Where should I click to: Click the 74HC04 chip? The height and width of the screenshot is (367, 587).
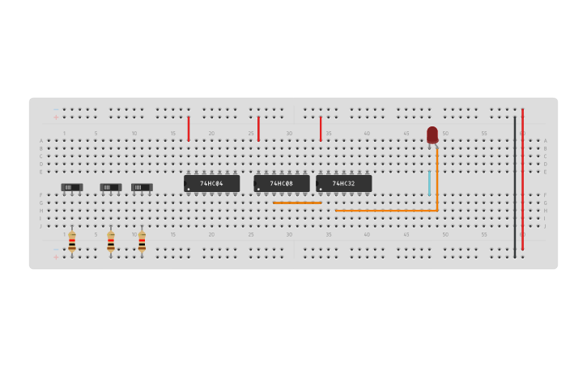point(211,184)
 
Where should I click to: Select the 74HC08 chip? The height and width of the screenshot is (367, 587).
point(281,184)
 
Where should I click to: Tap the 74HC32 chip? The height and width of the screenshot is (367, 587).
point(343,184)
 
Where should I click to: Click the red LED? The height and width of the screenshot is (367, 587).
point(432,134)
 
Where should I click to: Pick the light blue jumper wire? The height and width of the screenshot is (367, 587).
point(429,182)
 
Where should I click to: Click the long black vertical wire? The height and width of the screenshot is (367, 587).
point(514,186)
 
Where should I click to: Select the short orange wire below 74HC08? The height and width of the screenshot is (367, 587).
point(297,203)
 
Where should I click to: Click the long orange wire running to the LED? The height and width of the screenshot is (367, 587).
point(387,211)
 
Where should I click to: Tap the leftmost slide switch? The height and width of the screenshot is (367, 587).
point(71,187)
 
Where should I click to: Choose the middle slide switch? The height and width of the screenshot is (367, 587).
point(110,187)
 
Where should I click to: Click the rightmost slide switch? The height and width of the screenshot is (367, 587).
point(142,187)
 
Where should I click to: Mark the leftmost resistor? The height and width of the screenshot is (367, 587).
point(72,241)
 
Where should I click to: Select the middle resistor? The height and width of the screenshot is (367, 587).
point(111,241)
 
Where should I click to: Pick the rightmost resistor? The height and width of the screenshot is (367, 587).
point(142,241)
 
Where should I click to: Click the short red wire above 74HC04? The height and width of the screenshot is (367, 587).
point(189,128)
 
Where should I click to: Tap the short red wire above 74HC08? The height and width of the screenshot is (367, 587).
point(258,128)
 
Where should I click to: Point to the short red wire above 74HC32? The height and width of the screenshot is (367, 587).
point(321,128)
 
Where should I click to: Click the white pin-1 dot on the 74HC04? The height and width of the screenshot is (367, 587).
point(189,190)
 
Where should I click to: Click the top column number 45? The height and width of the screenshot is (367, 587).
point(406,133)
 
